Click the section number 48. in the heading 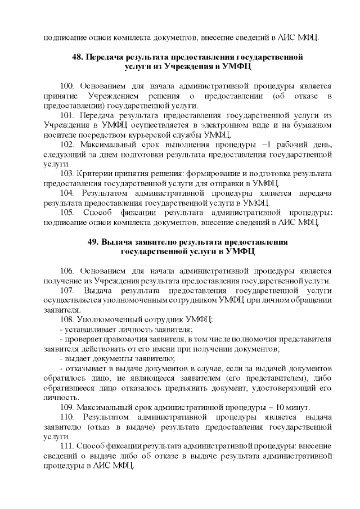[79, 57]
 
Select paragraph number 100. [67, 86]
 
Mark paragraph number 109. [67, 407]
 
